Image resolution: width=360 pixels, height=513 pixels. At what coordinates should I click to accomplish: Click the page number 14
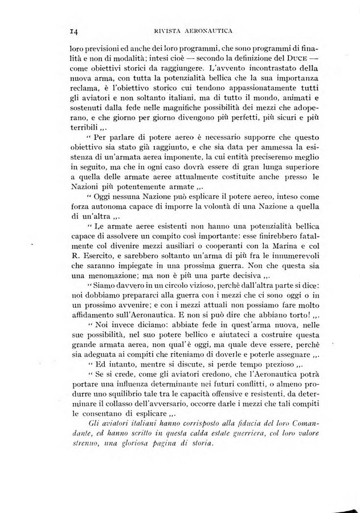[73, 32]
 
